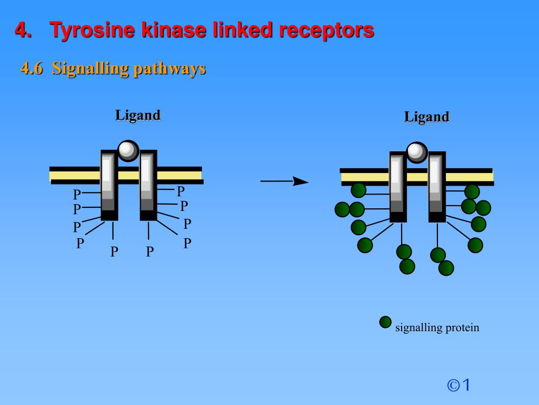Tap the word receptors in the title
coord(326,30)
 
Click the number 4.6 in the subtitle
coord(31,69)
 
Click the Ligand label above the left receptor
coord(138,115)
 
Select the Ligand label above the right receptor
coord(427,117)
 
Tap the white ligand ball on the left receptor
coord(127,150)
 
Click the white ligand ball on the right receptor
coord(416,152)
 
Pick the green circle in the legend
coord(385,322)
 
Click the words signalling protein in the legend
coord(437,327)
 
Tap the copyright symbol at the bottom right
coord(453,385)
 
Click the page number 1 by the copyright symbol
coord(466,385)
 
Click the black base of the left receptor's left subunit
coord(109,215)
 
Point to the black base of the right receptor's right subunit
coord(437,217)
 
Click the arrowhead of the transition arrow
coord(301,181)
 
